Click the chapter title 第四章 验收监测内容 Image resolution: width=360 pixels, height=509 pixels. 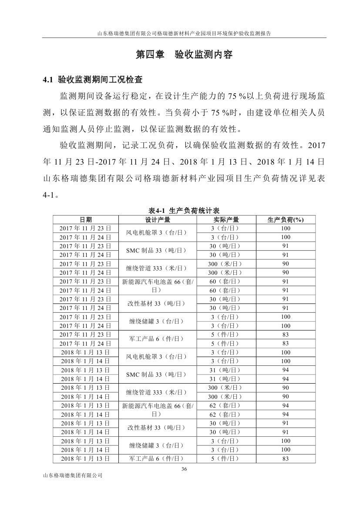click(x=184, y=55)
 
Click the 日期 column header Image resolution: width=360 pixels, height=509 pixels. click(x=86, y=219)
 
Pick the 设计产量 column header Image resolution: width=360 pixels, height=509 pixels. click(x=158, y=219)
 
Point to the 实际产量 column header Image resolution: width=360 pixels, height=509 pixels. click(x=225, y=219)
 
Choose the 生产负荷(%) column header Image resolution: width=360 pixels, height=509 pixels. click(x=285, y=219)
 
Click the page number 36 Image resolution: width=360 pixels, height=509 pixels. click(x=183, y=469)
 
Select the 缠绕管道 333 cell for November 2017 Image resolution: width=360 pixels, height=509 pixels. click(x=158, y=268)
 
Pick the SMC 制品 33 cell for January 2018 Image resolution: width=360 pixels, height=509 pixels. click(x=158, y=374)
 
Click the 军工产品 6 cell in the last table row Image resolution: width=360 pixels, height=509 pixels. click(x=158, y=458)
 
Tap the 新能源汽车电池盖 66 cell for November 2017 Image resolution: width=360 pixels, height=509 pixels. click(x=158, y=286)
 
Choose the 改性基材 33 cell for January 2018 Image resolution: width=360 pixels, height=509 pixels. click(x=158, y=428)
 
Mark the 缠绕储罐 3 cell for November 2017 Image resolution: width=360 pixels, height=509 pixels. click(x=158, y=321)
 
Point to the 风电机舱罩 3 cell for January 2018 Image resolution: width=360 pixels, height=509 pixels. click(x=158, y=357)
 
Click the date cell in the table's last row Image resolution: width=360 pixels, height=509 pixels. click(x=86, y=458)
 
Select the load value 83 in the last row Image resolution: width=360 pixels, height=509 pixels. click(x=285, y=458)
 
